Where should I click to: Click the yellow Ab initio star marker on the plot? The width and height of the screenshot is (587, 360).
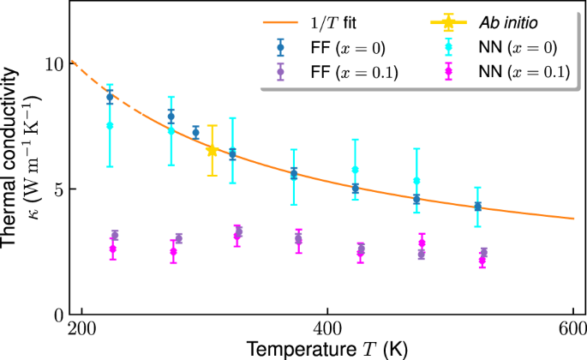(x=213, y=151)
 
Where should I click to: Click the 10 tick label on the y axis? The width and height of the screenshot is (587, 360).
(x=54, y=64)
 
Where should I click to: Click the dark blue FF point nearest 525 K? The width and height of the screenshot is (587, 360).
(x=478, y=207)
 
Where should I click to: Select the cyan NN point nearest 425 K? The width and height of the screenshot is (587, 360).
(x=356, y=170)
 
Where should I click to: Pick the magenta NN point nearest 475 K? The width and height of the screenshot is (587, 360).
(x=422, y=243)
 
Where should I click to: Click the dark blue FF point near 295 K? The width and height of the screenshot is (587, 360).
(x=195, y=133)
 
